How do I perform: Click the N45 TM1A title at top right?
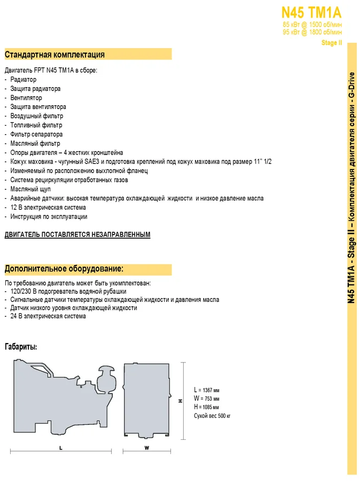click(311, 12)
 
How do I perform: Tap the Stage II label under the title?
click(331, 43)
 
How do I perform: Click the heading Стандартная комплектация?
click(54, 55)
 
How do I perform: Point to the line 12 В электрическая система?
click(48, 207)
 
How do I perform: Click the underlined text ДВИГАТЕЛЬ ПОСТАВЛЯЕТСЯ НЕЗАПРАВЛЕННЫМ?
click(77, 235)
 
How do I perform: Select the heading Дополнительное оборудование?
click(64, 268)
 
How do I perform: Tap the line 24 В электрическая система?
click(48, 316)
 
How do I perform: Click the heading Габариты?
click(21, 347)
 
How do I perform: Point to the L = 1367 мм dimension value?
click(207, 390)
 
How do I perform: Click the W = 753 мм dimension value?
click(206, 399)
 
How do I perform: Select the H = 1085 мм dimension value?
click(206, 407)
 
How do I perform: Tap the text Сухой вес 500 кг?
click(212, 416)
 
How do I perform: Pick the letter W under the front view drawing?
click(146, 448)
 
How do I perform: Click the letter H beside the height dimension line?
click(181, 400)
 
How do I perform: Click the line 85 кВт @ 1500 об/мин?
click(312, 25)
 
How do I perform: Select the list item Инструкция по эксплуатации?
click(49, 216)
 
